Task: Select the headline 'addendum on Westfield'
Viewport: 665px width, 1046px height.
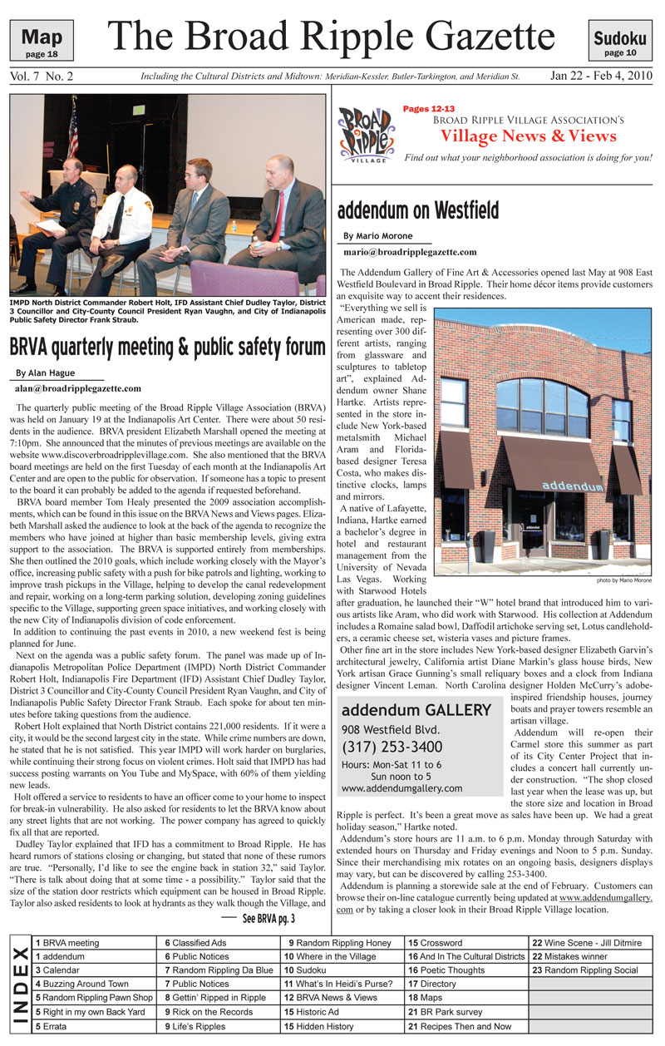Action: point(418,209)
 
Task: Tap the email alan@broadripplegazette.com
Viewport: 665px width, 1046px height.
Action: point(78,388)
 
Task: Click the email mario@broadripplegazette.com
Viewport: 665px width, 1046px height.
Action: point(410,252)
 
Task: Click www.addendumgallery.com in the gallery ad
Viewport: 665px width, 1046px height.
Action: point(401,788)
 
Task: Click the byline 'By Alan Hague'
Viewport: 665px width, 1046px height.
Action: point(46,373)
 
